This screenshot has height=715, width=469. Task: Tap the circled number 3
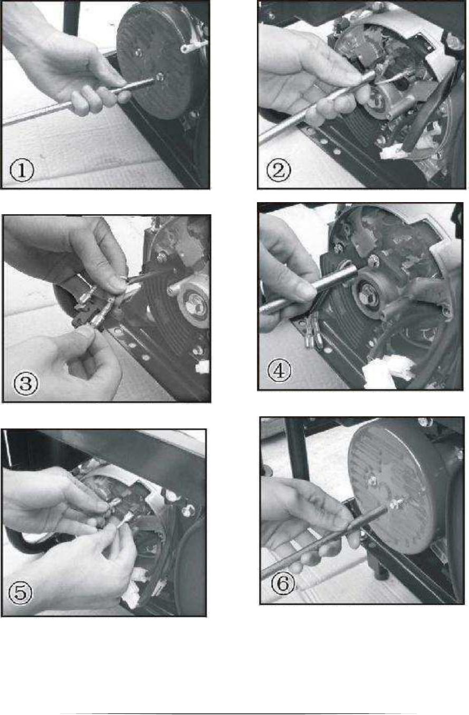click(26, 383)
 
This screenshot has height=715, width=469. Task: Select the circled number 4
click(279, 370)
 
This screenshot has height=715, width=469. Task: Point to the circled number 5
click(20, 593)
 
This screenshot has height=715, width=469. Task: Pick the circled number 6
click(283, 583)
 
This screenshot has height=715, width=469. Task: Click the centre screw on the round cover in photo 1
click(138, 53)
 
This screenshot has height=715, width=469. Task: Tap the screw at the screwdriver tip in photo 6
click(394, 504)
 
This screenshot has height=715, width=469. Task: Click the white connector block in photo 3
click(202, 367)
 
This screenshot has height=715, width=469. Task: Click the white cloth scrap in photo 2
click(394, 151)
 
